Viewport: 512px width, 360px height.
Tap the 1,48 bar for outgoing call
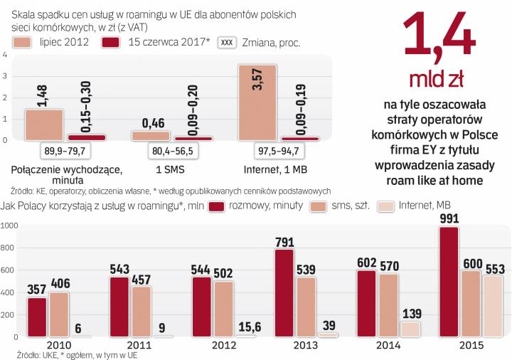pos(45,125)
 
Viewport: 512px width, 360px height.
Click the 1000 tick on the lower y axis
pos(10,226)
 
